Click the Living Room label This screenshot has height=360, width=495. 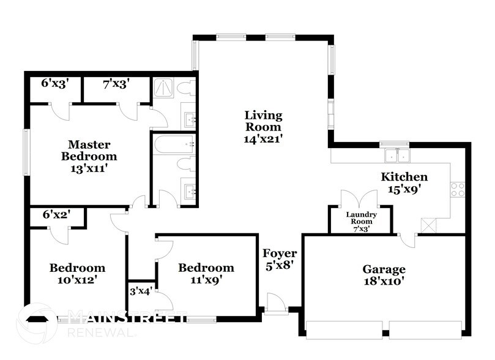tap(263, 121)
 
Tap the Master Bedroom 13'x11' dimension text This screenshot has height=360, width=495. tap(89, 168)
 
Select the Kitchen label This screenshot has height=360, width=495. tap(404, 176)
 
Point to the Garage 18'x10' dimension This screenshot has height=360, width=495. tap(384, 281)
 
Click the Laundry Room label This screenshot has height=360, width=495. tap(362, 218)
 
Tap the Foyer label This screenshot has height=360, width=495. tap(280, 253)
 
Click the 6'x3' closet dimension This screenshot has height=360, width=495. tap(55, 83)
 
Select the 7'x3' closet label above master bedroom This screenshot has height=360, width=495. tap(116, 84)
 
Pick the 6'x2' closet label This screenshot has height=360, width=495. tap(56, 215)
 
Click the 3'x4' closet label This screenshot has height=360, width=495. tap(141, 291)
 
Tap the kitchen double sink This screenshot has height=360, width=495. tap(397, 156)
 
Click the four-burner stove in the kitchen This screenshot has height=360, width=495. tap(458, 190)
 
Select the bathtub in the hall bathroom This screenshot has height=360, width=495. tap(174, 145)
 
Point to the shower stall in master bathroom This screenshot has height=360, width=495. tap(163, 88)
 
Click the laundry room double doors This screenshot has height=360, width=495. tap(359, 198)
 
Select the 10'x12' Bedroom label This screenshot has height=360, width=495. tap(77, 274)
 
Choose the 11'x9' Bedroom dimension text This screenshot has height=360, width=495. tap(206, 279)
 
